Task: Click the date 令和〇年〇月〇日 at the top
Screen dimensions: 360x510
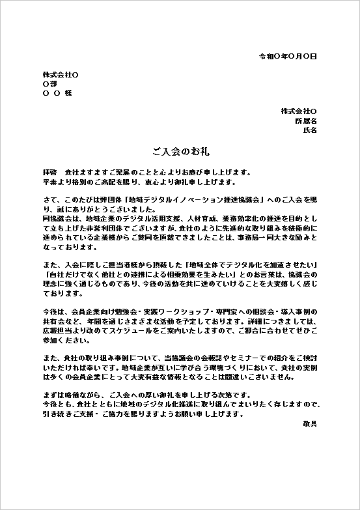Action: (288, 57)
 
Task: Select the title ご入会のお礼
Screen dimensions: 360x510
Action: (180, 151)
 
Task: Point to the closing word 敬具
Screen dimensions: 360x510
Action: (310, 423)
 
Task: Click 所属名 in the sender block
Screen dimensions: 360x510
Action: (306, 120)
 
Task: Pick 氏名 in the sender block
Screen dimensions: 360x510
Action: (310, 130)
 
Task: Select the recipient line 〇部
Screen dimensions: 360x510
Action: (49, 84)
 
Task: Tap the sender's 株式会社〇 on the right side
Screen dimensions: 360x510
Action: (299, 111)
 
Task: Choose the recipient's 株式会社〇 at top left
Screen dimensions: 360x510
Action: (61, 74)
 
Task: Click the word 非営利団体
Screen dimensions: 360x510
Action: (116, 230)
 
